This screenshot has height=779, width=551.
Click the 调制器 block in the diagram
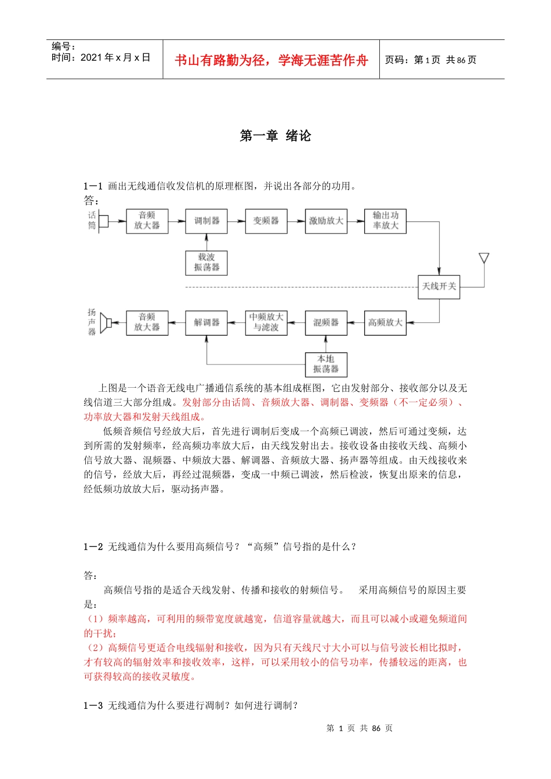pyautogui.click(x=206, y=221)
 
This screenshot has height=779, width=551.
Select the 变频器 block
pyautogui.click(x=266, y=221)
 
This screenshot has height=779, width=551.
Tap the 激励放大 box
pyautogui.click(x=326, y=221)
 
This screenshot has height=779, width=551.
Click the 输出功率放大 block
pyautogui.click(x=385, y=221)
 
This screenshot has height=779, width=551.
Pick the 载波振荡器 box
pyautogui.click(x=206, y=263)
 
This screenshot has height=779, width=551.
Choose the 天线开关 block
pyautogui.click(x=439, y=286)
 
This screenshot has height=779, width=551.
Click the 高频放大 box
pyautogui.click(x=385, y=323)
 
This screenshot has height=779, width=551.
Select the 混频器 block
pyautogui.click(x=326, y=323)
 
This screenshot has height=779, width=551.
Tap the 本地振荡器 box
pyautogui.click(x=326, y=364)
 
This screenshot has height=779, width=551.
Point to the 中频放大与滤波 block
pyautogui.click(x=266, y=323)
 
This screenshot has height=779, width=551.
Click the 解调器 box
pyautogui.click(x=206, y=323)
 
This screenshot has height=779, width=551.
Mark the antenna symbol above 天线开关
pyautogui.click(x=484, y=259)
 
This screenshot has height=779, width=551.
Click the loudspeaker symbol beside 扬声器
pyautogui.click(x=106, y=322)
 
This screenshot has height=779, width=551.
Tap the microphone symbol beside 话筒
pyautogui.click(x=103, y=221)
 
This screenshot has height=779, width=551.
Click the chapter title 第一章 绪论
pyautogui.click(x=275, y=136)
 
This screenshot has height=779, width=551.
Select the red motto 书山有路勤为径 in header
pyautogui.click(x=271, y=60)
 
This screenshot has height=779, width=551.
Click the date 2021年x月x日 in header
pyautogui.click(x=115, y=57)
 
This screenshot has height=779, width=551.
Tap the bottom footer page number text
pyautogui.click(x=360, y=728)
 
